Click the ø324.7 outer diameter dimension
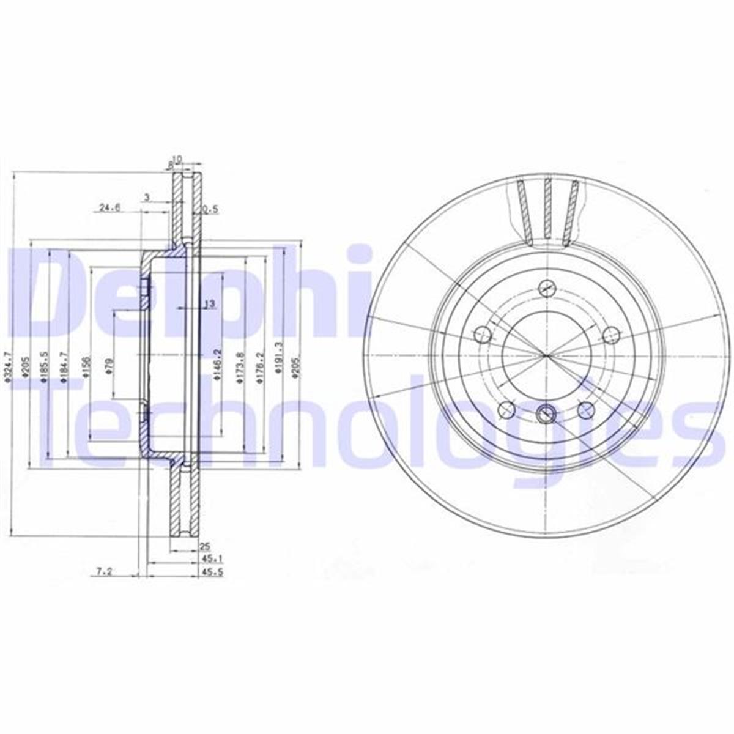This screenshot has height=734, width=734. coord(7,367)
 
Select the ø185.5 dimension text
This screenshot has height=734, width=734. coord(43,368)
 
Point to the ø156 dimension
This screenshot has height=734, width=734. coord(86,367)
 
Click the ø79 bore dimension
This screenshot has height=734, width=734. coord(108,365)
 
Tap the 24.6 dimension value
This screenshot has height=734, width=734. coord(109,208)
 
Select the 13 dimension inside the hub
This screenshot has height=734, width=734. coord(209,305)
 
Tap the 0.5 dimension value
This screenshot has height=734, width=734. coord(210,209)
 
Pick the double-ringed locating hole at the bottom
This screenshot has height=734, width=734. coord(545,415)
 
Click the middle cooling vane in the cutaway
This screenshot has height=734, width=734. coord(547,208)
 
